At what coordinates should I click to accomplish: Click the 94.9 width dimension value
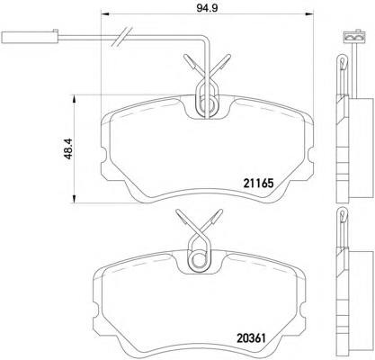point(207,7)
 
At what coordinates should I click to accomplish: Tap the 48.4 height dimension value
point(68,148)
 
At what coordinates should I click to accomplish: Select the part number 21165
point(258,183)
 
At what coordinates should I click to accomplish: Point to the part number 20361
point(252,338)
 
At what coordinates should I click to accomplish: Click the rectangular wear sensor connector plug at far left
point(30,37)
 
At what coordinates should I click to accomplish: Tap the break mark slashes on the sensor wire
point(121,37)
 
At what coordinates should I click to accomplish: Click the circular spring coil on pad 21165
point(208,105)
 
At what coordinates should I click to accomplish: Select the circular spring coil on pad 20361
point(199,259)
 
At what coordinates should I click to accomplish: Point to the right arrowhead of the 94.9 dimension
point(309,13)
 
